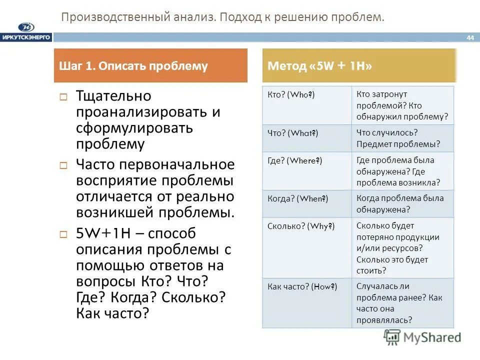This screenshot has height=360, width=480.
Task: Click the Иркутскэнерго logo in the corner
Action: tap(26, 31)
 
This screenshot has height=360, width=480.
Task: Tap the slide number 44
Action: tap(469, 37)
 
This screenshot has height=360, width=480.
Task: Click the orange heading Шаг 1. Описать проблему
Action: tap(133, 66)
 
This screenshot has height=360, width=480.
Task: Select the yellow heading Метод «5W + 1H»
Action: tap(320, 66)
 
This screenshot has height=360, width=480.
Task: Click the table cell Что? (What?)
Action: tap(292, 133)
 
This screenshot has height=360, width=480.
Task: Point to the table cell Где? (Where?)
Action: tap(295, 160)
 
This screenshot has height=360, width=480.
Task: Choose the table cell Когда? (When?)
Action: tap(297, 198)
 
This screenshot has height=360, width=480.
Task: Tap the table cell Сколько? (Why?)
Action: tap(301, 226)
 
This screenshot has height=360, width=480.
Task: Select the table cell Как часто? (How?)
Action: tap(302, 287)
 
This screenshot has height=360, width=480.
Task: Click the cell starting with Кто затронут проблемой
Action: tap(402, 105)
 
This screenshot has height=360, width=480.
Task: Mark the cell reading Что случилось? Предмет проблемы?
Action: tap(398, 138)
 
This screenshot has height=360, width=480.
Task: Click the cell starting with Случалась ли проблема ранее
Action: tap(399, 303)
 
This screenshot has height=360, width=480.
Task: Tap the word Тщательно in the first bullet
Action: tap(113, 96)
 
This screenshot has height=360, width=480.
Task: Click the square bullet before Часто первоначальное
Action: tap(63, 165)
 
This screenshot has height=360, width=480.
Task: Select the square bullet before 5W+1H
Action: tap(63, 234)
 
